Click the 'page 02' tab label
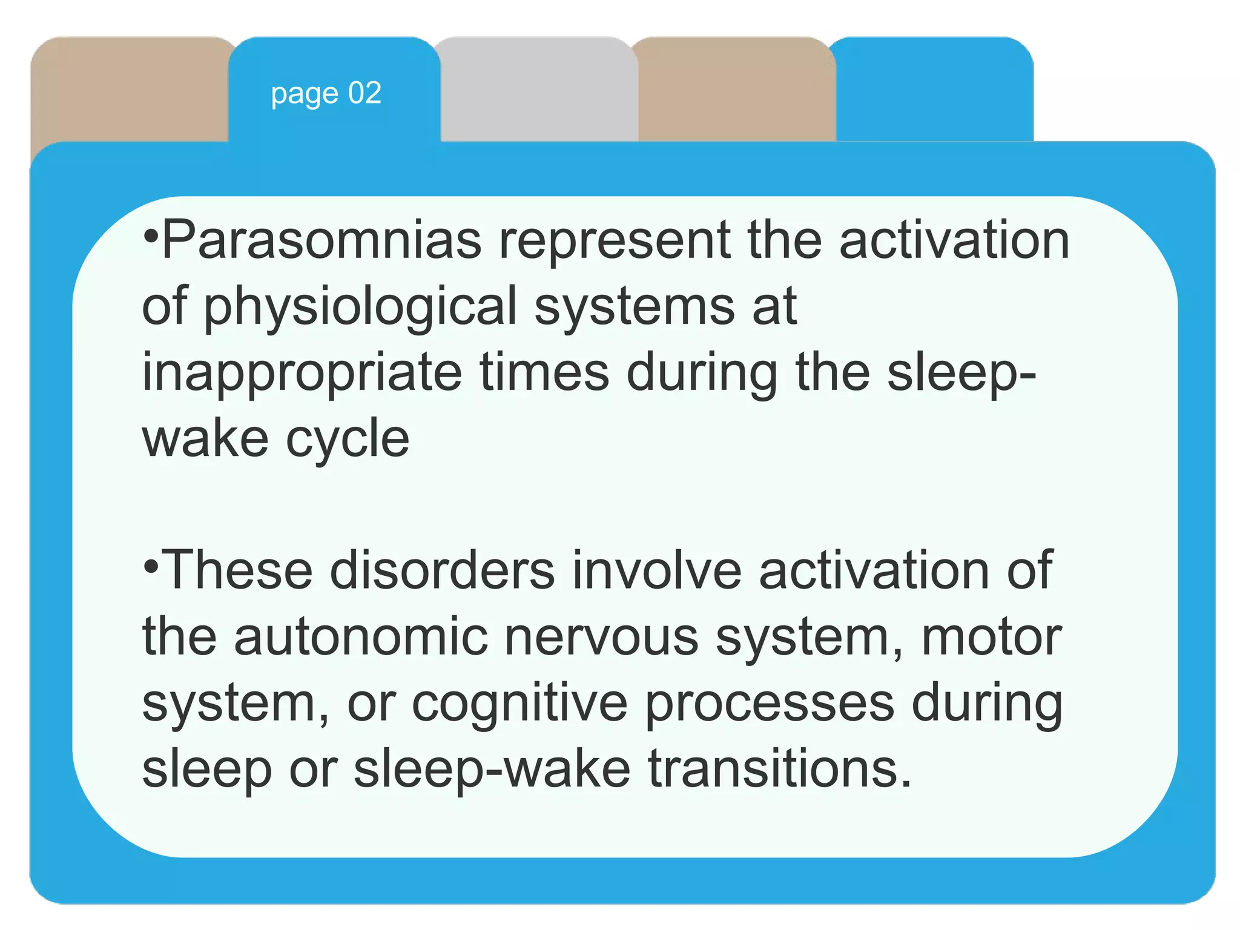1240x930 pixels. [x=326, y=94]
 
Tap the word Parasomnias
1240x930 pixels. [x=322, y=240]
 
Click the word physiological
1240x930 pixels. [x=360, y=307]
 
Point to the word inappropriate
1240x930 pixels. [x=302, y=373]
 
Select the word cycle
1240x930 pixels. [x=348, y=439]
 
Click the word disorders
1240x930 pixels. [x=442, y=570]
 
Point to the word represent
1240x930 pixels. [x=614, y=240]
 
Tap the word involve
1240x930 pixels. [x=656, y=570]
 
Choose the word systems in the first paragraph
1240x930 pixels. [x=633, y=307]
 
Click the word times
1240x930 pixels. [x=544, y=373]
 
